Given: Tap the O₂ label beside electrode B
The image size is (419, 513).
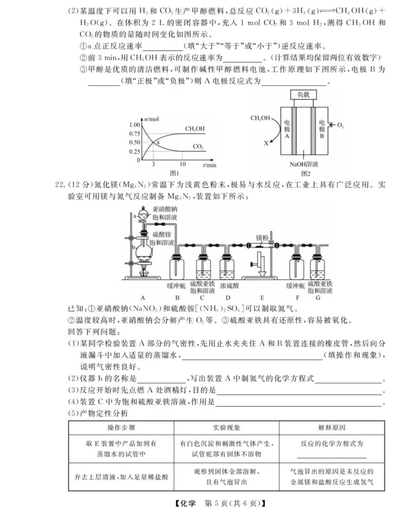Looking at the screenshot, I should click(x=340, y=126).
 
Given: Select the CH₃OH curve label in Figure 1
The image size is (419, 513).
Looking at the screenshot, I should click(x=195, y=128).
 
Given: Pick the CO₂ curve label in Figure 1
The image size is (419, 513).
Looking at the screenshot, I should click(x=198, y=146).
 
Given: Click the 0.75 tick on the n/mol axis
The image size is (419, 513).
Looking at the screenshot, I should click(x=134, y=134).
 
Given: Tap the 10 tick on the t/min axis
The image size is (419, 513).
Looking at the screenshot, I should click(x=182, y=164).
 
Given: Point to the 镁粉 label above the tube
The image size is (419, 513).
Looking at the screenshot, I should click(x=262, y=237).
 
